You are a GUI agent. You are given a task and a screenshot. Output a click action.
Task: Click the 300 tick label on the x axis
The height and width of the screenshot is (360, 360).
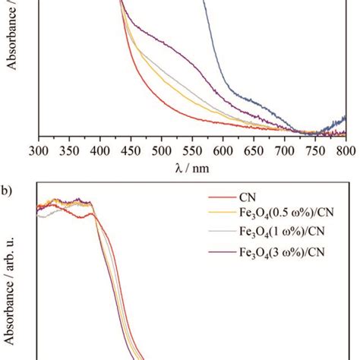pos(38,150)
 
